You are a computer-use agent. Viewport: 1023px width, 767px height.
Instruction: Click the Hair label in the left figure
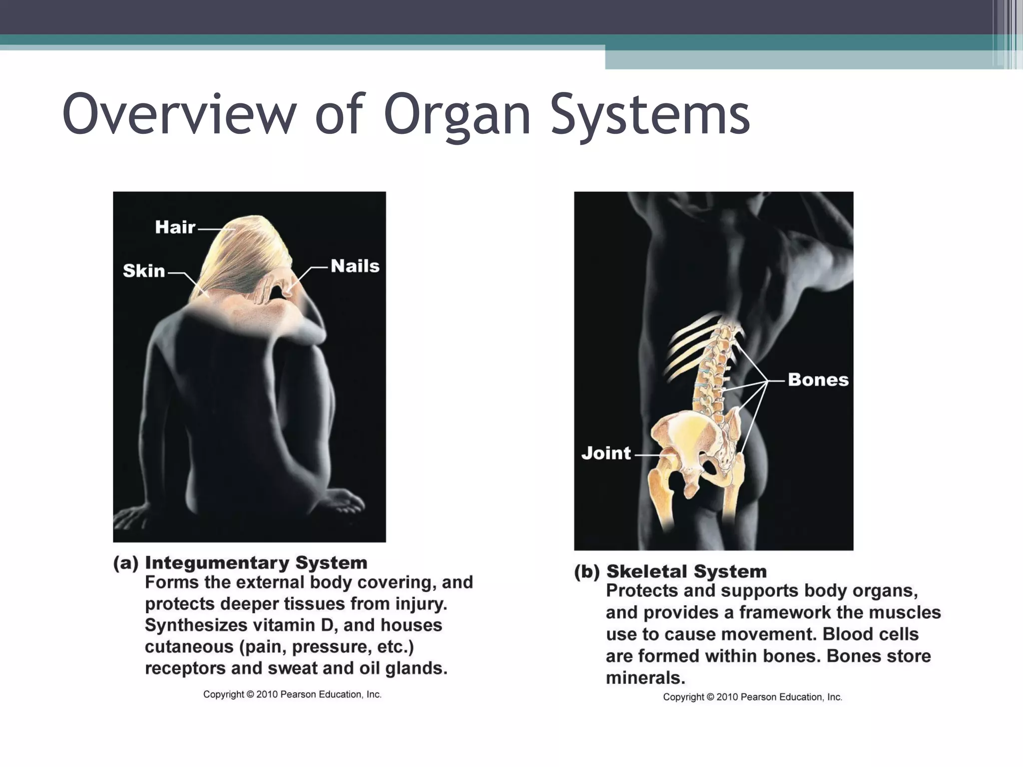click(175, 227)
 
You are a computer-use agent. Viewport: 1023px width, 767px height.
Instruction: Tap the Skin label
click(144, 271)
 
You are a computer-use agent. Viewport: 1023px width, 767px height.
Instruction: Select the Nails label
click(355, 266)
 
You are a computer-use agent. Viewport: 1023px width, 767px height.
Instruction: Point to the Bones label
click(818, 380)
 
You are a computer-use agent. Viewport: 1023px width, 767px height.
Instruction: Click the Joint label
click(606, 453)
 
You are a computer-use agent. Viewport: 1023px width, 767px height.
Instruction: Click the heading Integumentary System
click(256, 563)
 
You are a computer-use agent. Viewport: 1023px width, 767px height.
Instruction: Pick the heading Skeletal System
click(686, 571)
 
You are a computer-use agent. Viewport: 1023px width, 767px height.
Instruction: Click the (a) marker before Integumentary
click(126, 563)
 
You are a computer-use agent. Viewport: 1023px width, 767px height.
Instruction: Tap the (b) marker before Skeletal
click(587, 572)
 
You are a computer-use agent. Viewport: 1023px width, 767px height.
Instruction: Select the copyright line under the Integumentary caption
click(292, 695)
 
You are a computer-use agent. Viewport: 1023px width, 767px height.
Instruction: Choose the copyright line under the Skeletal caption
click(752, 697)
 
